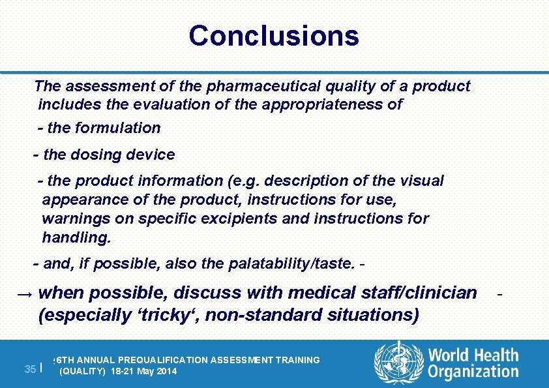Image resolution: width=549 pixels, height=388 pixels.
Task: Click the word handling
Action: [x=76, y=237]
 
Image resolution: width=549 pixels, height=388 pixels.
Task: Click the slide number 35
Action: [x=29, y=369]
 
